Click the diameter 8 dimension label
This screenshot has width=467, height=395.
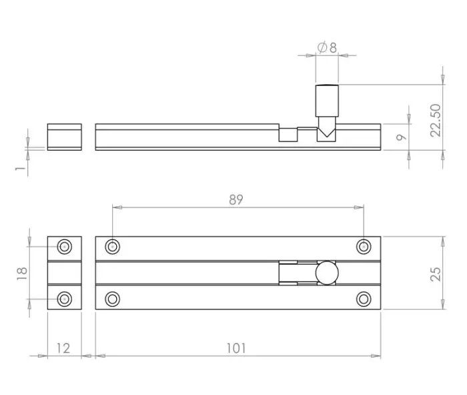(327, 47)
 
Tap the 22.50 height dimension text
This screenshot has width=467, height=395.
(436, 120)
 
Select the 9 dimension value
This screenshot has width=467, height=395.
(402, 137)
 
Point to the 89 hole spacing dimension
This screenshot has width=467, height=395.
(236, 200)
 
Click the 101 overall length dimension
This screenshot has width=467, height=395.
(236, 348)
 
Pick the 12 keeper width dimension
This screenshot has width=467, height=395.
(63, 348)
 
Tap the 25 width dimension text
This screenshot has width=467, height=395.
(436, 274)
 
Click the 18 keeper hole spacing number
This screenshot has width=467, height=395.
(22, 274)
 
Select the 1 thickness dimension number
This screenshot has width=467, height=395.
(20, 169)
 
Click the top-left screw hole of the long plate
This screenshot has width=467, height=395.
(112, 247)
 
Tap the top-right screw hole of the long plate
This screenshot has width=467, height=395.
(364, 247)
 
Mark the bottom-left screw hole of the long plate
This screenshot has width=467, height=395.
(112, 299)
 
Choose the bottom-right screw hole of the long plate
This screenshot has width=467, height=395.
(364, 299)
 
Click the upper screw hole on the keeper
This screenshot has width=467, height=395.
(64, 247)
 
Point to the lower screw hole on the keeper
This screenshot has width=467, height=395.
(64, 299)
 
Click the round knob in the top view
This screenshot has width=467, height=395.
(327, 273)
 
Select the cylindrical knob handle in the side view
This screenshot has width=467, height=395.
(327, 101)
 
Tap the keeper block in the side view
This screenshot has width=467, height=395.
(64, 137)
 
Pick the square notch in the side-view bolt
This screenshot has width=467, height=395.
(288, 135)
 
